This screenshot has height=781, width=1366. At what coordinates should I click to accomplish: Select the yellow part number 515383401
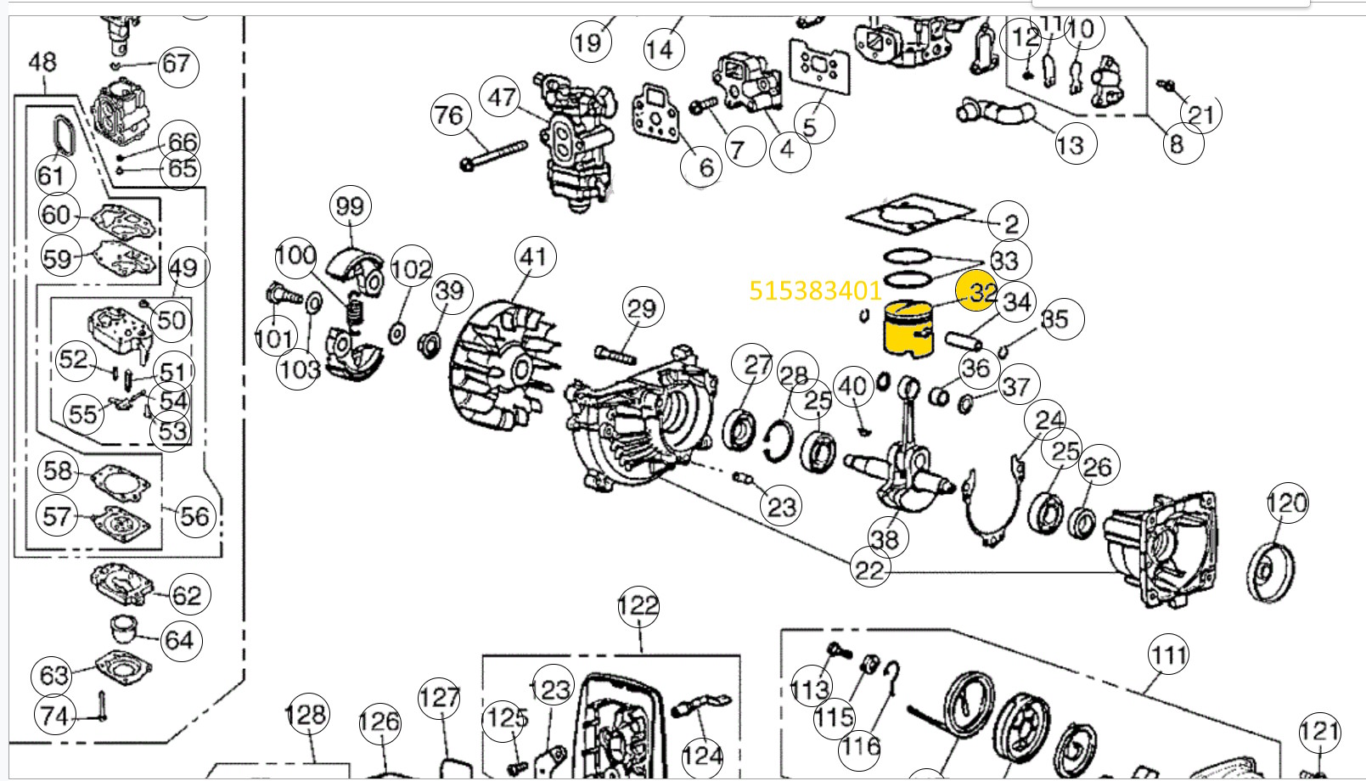815,291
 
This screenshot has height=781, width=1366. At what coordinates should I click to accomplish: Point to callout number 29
641,308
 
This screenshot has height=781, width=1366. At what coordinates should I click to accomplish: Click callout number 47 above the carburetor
502,97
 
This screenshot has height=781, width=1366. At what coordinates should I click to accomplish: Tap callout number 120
1286,503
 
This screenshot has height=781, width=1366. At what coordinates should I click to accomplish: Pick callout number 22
869,570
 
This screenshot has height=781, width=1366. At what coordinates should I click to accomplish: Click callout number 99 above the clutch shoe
350,206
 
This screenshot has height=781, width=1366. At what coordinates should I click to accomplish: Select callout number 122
638,605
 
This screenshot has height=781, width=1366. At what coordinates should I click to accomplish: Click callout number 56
194,515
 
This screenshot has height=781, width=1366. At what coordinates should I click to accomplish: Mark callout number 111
1168,655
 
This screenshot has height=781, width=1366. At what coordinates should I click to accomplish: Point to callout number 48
42,61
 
